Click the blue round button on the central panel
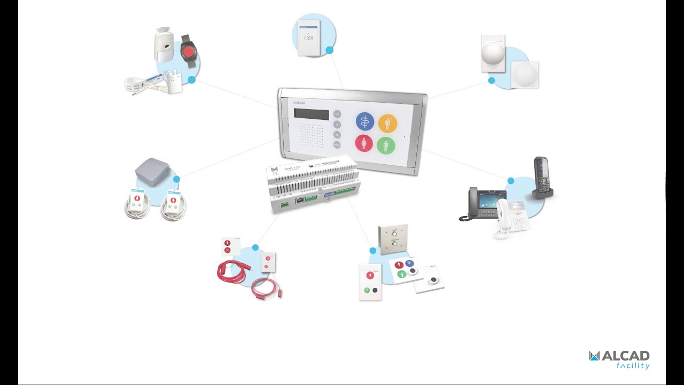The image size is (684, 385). click(x=365, y=122)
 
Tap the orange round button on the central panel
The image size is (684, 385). click(x=387, y=124)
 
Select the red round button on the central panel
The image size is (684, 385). click(x=364, y=143)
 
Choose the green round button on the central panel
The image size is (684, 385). click(x=386, y=145)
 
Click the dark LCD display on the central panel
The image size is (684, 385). click(x=312, y=114)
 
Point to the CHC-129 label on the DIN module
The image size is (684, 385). click(x=292, y=168)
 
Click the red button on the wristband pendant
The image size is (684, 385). click(x=189, y=52)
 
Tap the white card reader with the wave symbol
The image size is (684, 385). click(x=308, y=37)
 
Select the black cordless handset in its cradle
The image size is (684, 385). click(x=541, y=176)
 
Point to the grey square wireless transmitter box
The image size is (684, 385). click(x=153, y=170)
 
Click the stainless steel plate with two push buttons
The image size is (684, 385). click(x=393, y=238)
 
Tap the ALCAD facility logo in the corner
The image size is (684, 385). click(x=619, y=359)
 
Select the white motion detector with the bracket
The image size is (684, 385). click(x=164, y=45)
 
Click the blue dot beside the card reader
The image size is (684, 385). click(x=330, y=50)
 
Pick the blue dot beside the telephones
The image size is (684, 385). click(x=511, y=181)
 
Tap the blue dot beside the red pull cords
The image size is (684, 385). click(x=255, y=248)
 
